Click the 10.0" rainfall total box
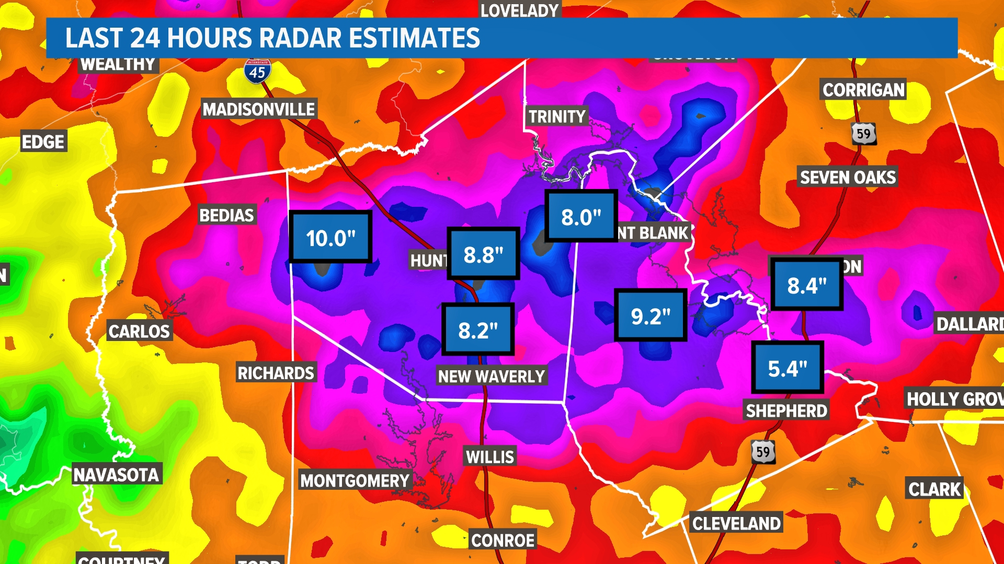coord(330,238)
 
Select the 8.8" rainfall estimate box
coord(483,254)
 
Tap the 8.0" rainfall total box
coord(581,216)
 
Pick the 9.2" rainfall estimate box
coord(651,315)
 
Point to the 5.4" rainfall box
coord(788,368)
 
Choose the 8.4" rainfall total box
coord(807,285)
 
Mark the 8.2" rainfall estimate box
coord(478,330)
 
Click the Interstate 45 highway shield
coord(257,71)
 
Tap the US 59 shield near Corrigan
coord(863,134)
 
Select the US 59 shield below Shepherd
coord(763,452)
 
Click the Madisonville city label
coord(259,109)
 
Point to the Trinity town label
coord(556,116)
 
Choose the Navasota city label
coord(116,475)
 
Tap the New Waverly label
coord(492,376)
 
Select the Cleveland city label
coord(736,523)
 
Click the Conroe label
coord(503,540)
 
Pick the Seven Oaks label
coord(848,177)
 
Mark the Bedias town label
coord(226,215)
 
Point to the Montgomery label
coord(355,480)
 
